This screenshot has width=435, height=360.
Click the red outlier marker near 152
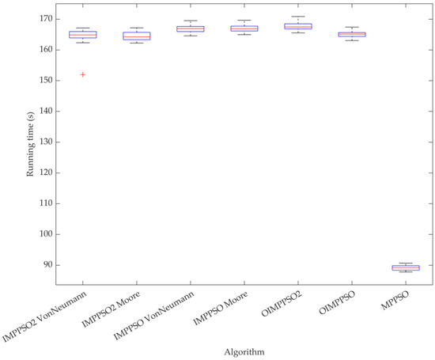[83, 74]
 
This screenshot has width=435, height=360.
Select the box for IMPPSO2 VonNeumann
[83, 35]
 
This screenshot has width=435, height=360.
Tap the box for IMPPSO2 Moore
[137, 36]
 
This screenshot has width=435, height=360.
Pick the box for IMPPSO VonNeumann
[191, 28]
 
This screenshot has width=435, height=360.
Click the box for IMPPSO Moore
[244, 28]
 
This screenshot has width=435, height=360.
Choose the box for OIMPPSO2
[298, 26]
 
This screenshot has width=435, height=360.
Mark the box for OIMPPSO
[352, 34]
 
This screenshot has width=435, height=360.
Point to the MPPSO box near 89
[406, 267]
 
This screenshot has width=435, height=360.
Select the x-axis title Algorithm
[244, 350]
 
